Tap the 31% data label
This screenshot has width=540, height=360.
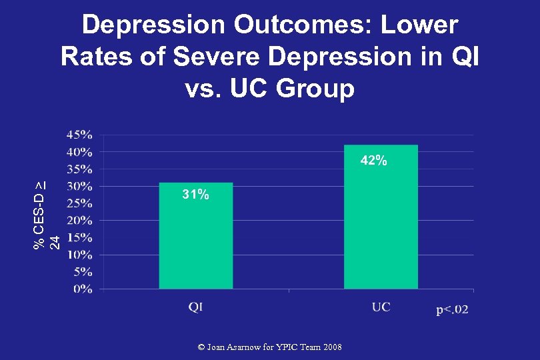(x=196, y=195)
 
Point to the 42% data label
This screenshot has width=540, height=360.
(x=374, y=161)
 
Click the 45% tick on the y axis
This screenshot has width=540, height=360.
(x=79, y=135)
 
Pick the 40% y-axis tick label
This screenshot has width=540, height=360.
(x=79, y=151)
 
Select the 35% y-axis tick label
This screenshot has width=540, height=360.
(x=79, y=169)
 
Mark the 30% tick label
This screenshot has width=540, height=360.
(x=79, y=186)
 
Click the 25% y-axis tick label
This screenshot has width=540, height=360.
(x=79, y=203)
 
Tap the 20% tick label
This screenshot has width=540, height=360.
(x=79, y=220)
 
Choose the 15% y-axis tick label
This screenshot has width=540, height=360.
(x=79, y=237)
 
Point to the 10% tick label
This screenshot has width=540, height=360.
(x=79, y=255)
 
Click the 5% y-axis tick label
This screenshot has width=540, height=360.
(x=83, y=271)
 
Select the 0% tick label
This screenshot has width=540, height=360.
(x=83, y=289)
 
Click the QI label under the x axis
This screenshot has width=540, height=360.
(x=196, y=307)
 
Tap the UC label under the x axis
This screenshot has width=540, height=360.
(x=381, y=307)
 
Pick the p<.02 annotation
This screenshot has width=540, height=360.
(x=453, y=309)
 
